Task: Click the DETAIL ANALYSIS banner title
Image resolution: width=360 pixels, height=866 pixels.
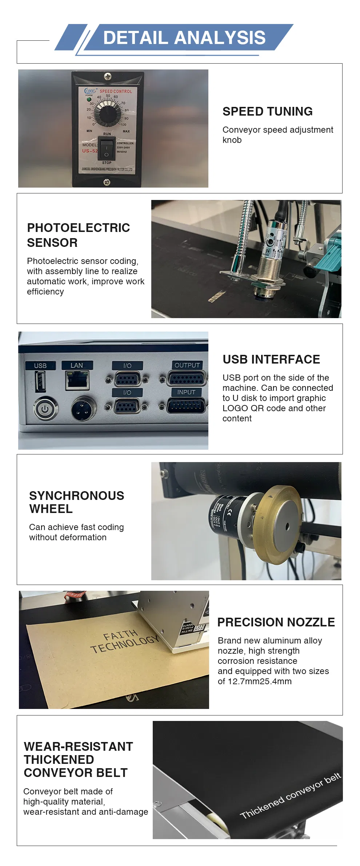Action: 184,38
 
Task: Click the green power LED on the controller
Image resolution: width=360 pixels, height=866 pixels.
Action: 88,99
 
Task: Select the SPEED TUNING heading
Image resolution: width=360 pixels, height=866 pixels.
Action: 267,111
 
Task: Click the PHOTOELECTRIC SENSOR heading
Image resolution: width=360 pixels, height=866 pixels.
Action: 78,235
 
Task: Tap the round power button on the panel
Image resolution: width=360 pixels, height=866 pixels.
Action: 45,409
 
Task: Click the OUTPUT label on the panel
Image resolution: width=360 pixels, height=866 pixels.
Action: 187,365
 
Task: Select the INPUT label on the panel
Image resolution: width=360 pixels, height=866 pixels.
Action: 186,392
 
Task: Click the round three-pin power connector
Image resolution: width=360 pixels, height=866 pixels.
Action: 83,409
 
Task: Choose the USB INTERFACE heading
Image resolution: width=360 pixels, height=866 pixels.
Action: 271,359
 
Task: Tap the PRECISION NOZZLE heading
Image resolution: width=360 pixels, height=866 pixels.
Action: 276,622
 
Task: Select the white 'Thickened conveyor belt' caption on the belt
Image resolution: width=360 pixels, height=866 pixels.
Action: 290,795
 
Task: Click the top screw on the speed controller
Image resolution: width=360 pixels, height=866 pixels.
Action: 108,76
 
